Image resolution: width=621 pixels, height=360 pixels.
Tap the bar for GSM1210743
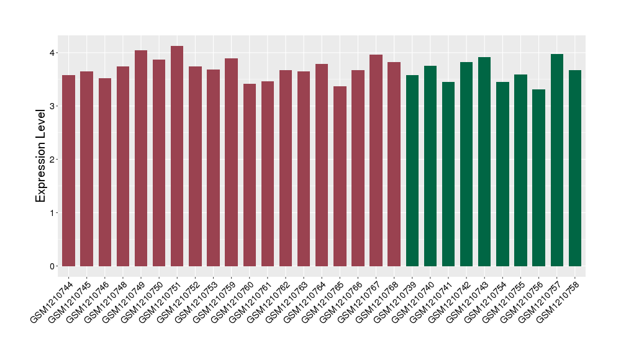click(484, 161)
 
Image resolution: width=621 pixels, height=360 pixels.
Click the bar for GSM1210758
click(575, 168)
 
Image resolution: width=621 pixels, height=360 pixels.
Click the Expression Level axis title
click(40, 156)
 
